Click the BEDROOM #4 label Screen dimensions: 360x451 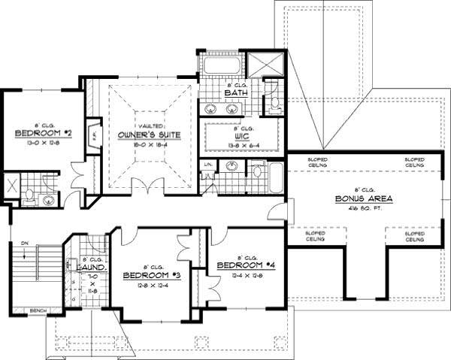241,265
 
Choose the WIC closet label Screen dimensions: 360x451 241,137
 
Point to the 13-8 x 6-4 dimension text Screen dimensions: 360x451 241,145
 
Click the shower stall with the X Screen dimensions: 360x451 267,64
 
